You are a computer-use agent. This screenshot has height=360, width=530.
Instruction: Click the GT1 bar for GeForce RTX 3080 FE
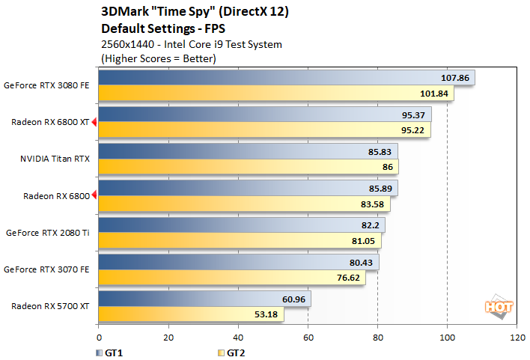pyautogui.click(x=284, y=78)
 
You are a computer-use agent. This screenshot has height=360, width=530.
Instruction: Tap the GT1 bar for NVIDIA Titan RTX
pyautogui.click(x=247, y=151)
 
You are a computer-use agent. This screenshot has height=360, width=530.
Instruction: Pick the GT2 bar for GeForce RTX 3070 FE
pyautogui.click(x=231, y=277)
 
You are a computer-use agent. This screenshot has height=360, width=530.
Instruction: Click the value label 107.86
pyautogui.click(x=455, y=78)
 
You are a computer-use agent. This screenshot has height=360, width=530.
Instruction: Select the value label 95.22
pyautogui.click(x=413, y=129)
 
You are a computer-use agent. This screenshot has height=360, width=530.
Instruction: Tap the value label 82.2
pyautogui.click(x=371, y=225)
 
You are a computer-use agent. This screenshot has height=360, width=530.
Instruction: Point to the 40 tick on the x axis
pyautogui.click(x=238, y=338)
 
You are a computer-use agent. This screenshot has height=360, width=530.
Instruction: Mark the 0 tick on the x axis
pyautogui.click(x=98, y=338)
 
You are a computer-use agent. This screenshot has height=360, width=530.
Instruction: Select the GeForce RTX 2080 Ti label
pyautogui.click(x=47, y=233)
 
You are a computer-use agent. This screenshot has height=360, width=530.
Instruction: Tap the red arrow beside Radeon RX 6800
pyautogui.click(x=94, y=196)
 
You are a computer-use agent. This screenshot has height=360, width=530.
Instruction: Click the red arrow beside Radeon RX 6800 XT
pyautogui.click(x=94, y=122)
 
